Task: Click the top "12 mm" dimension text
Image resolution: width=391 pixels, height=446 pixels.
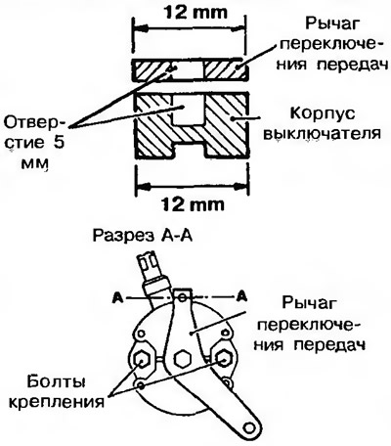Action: pyautogui.click(x=195, y=12)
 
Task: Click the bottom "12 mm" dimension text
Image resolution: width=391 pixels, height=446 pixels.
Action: pyautogui.click(x=193, y=204)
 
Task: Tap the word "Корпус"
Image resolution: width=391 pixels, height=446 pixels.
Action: pyautogui.click(x=323, y=114)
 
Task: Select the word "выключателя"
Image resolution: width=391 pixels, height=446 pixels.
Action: pyautogui.click(x=322, y=134)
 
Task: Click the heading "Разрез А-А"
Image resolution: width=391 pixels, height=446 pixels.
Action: pyautogui.click(x=143, y=236)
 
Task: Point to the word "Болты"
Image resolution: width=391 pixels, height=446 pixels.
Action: pyautogui.click(x=56, y=382)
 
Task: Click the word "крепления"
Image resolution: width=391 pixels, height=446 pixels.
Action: pyautogui.click(x=56, y=402)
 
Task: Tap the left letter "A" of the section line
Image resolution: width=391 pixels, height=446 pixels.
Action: pyautogui.click(x=118, y=297)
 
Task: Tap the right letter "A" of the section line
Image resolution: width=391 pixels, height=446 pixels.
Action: pyautogui.click(x=241, y=296)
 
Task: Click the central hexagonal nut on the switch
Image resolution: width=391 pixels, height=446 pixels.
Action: pyautogui.click(x=182, y=359)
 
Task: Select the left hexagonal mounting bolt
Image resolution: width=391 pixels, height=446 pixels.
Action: pyautogui.click(x=142, y=359)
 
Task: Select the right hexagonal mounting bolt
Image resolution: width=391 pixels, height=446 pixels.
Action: pyautogui.click(x=223, y=359)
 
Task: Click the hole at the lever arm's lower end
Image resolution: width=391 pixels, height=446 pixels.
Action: pyautogui.click(x=250, y=426)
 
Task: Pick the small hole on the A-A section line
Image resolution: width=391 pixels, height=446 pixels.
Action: pyautogui.click(x=182, y=297)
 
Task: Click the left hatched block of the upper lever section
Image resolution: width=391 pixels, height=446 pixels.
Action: pyautogui.click(x=153, y=69)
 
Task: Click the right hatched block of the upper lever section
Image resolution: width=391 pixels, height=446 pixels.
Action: pyautogui.click(x=226, y=69)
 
